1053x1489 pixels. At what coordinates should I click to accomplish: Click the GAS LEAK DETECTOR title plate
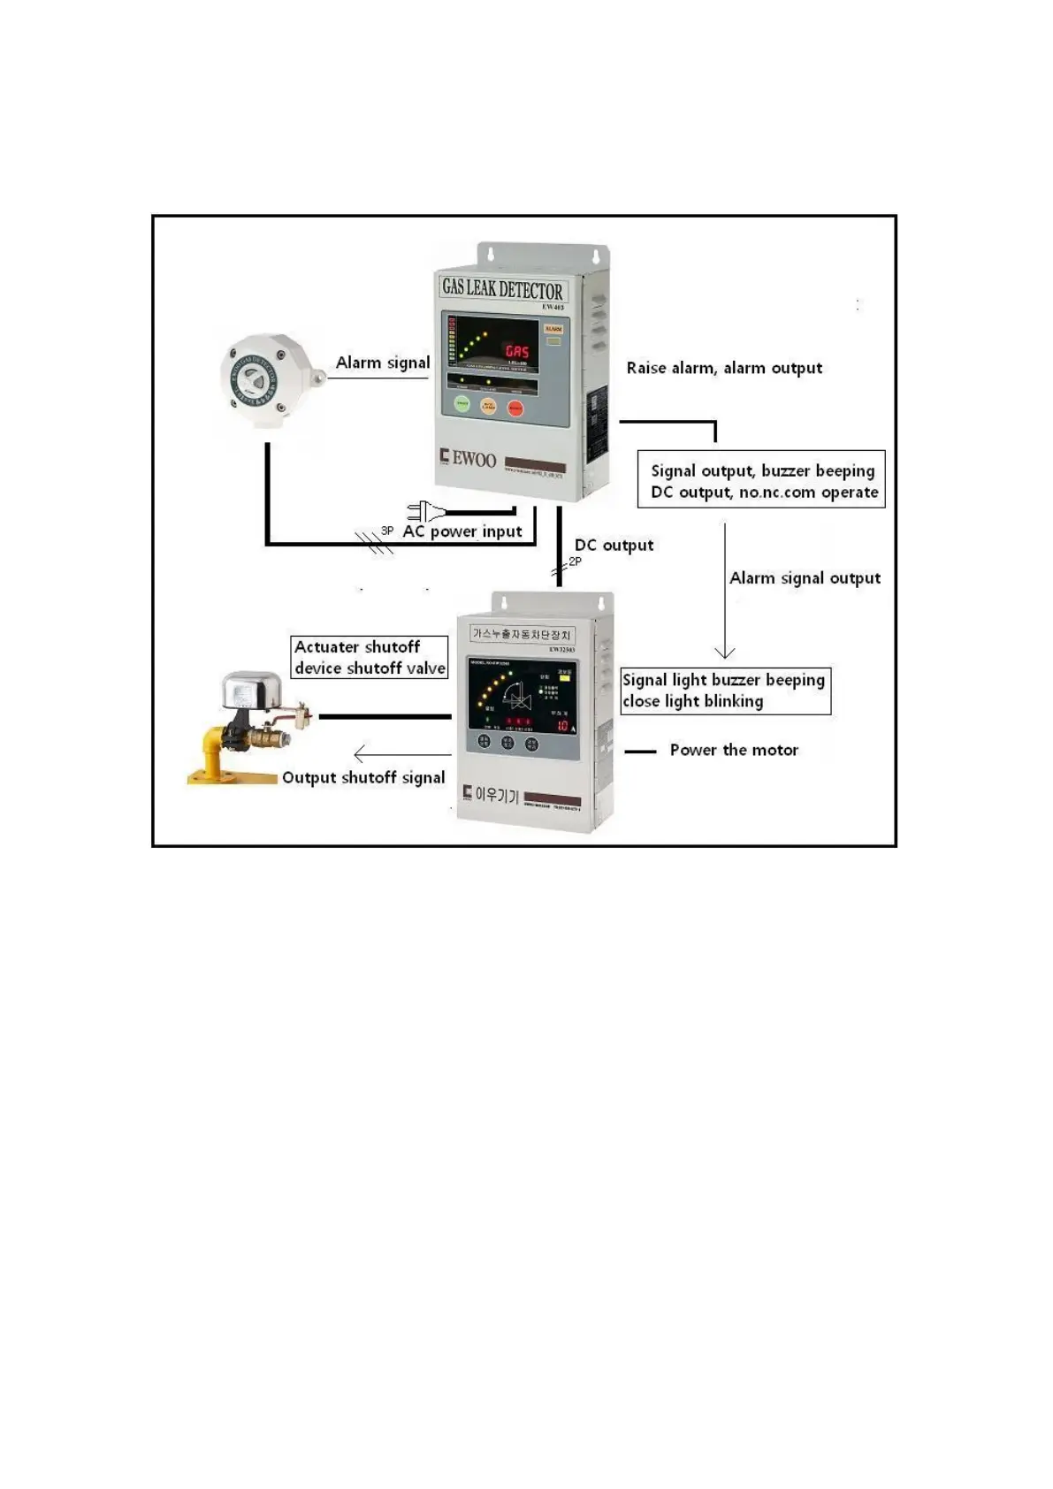502,288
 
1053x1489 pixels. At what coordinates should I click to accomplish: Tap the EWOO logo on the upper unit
469,458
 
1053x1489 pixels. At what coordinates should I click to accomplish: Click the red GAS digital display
517,351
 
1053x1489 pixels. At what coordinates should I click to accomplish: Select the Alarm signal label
382,363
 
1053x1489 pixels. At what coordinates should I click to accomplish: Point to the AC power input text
462,531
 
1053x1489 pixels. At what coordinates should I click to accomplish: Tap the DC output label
614,545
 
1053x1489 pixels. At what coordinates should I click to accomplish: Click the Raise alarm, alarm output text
724,368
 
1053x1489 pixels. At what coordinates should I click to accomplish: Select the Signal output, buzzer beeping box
761,480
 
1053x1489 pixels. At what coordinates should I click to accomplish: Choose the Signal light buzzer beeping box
725,691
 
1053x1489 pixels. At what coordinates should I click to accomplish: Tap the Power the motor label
734,750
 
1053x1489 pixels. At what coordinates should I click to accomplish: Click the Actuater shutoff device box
370,657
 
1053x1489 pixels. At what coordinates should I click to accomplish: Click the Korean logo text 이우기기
493,795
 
